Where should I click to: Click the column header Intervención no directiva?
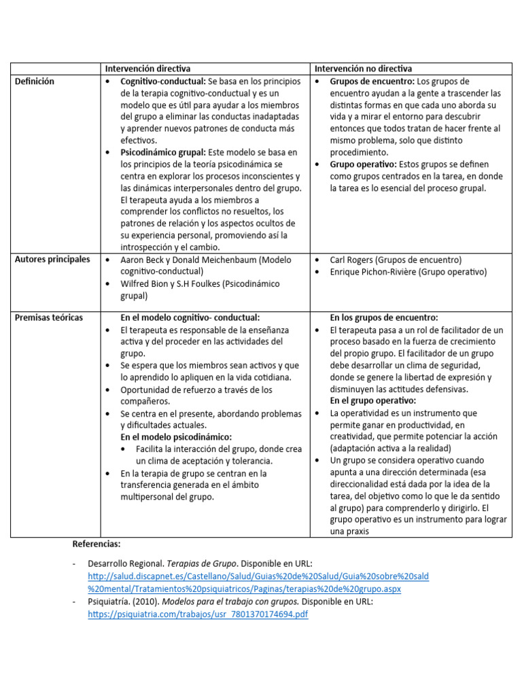pyautogui.click(x=362, y=69)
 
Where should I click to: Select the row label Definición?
pyautogui.click(x=35, y=81)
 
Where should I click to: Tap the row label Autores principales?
pyautogui.click(x=52, y=260)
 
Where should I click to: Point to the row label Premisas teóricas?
pyautogui.click(x=49, y=317)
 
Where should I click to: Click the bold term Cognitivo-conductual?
pyautogui.click(x=163, y=81)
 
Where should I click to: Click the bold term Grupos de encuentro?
pyautogui.click(x=372, y=81)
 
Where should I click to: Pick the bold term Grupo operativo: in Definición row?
pyautogui.click(x=361, y=164)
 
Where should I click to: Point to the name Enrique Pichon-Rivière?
pyautogui.click(x=373, y=272)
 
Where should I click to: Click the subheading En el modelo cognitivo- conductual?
pyautogui.click(x=190, y=317)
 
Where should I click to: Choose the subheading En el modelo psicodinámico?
pyautogui.click(x=176, y=437)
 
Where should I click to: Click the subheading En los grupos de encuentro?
pyautogui.click(x=384, y=317)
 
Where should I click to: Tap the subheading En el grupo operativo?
pyautogui.click(x=372, y=401)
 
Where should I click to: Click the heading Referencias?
pyautogui.click(x=96, y=544)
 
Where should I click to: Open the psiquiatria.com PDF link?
pyautogui.click(x=198, y=614)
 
